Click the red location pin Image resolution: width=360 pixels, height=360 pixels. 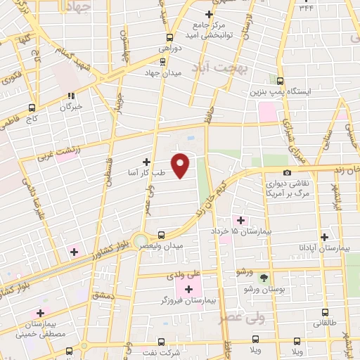click(x=181, y=165)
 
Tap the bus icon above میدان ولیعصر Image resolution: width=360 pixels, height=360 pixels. click(x=161, y=235)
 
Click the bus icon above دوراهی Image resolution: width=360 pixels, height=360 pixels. click(x=169, y=38)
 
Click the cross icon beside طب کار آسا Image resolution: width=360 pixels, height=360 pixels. click(x=146, y=161)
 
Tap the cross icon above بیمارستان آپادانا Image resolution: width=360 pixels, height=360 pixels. click(x=324, y=238)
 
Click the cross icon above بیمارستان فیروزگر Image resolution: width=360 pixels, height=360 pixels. click(x=188, y=289)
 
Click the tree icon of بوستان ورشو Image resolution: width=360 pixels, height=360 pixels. click(x=264, y=278)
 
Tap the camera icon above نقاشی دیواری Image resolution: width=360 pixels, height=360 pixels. click(x=287, y=173)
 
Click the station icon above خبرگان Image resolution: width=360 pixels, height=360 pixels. click(x=70, y=96)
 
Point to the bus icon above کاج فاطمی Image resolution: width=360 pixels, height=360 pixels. click(x=31, y=108)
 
